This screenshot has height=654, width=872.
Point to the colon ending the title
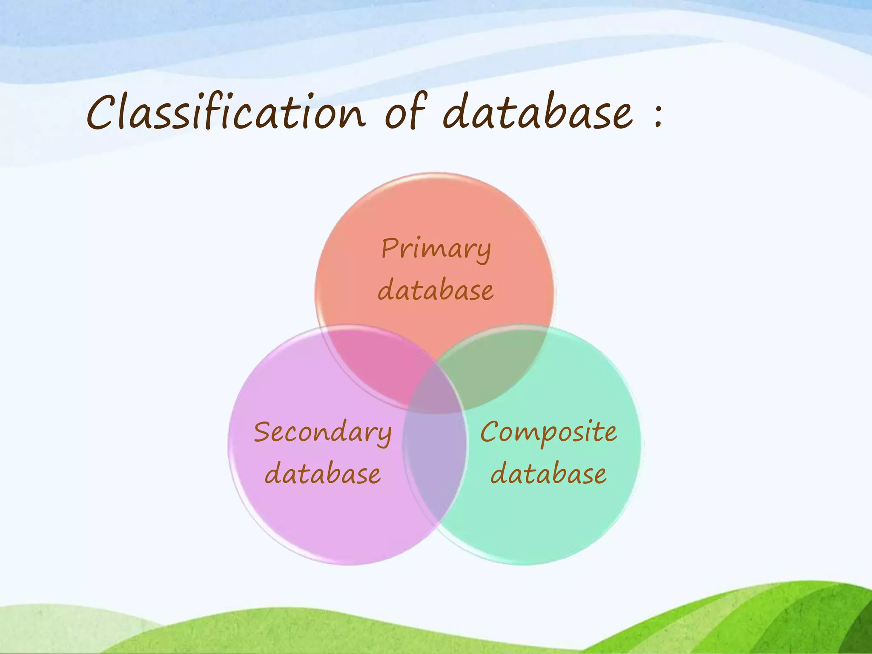click(658, 116)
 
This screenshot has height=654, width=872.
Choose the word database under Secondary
click(322, 474)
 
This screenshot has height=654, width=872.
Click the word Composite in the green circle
click(548, 432)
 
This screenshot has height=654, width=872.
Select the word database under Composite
click(548, 474)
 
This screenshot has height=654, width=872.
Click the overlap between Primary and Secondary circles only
click(375, 362)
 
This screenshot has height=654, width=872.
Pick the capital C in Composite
click(490, 432)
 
